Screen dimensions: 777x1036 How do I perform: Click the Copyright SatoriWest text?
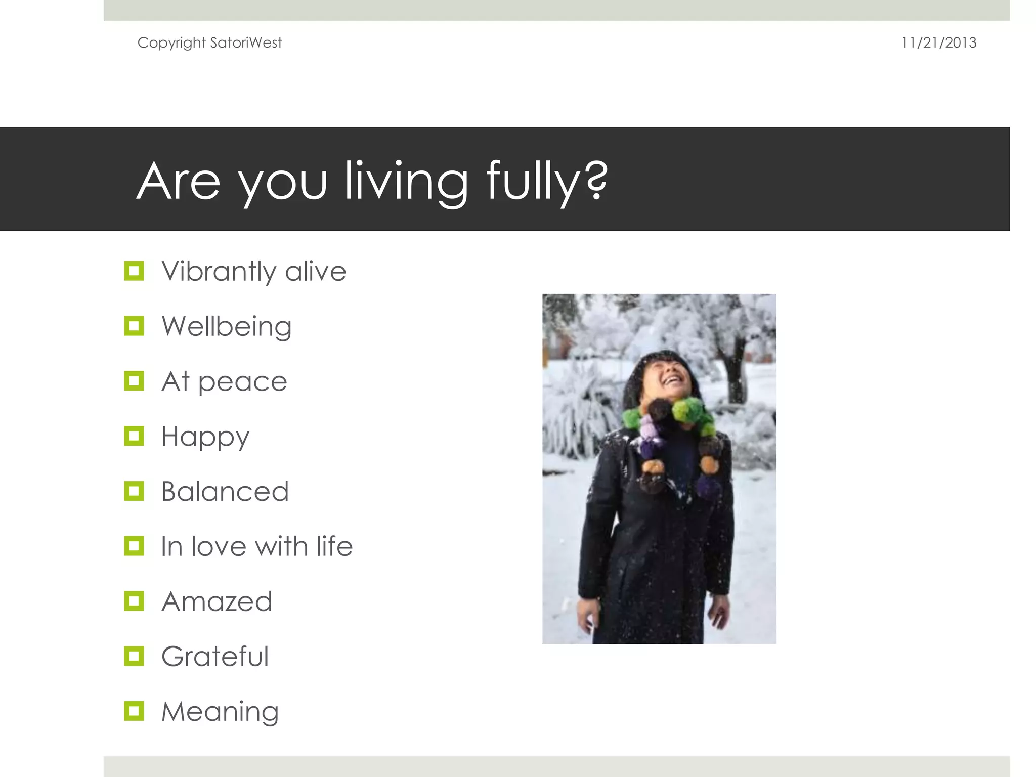pos(209,43)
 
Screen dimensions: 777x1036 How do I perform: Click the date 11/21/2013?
pos(938,43)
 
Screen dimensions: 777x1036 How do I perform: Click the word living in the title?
pos(406,181)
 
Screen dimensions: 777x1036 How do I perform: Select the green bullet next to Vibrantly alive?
pos(134,271)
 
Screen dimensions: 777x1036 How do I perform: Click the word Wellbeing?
pos(226,326)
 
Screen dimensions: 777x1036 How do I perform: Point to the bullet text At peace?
pos(224,381)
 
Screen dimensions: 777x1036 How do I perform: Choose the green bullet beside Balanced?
pos(134,491)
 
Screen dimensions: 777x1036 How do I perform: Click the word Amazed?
pos(217,601)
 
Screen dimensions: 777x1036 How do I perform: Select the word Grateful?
pos(214,657)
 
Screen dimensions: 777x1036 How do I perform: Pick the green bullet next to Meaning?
pos(134,711)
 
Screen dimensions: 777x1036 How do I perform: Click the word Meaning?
pos(220,712)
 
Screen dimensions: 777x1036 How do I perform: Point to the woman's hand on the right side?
pos(718,615)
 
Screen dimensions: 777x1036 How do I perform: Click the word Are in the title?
pos(179,181)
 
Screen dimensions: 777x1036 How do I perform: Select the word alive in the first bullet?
pos(315,271)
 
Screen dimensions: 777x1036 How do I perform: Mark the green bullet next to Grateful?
pos(134,657)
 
